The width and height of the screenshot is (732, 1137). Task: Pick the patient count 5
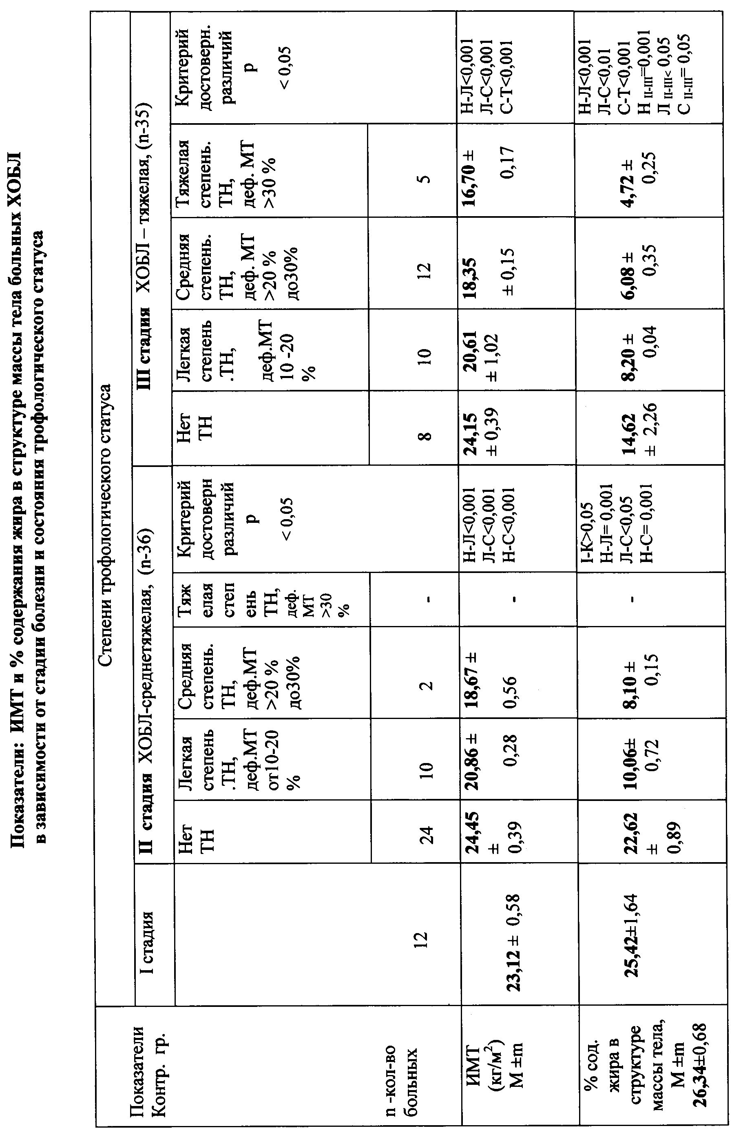pyautogui.click(x=425, y=179)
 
